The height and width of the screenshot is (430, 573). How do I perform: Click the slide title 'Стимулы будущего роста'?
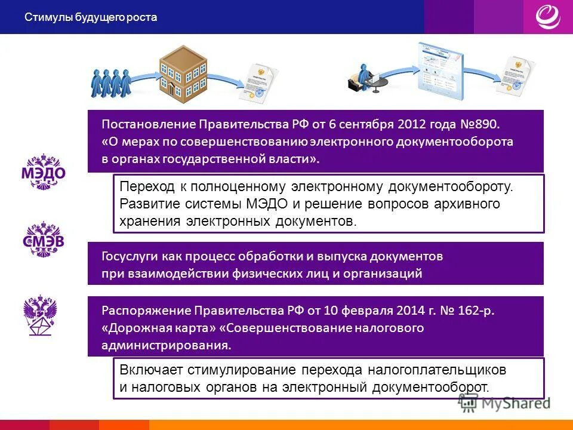tap(91, 17)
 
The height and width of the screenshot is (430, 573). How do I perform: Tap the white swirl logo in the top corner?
tap(547, 16)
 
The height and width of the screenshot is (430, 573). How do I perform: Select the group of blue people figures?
tap(110, 82)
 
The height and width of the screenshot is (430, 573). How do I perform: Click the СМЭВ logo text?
tap(44, 242)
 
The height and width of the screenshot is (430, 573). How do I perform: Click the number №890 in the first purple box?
tap(480, 125)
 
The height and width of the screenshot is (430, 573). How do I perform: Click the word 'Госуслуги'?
tap(129, 257)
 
